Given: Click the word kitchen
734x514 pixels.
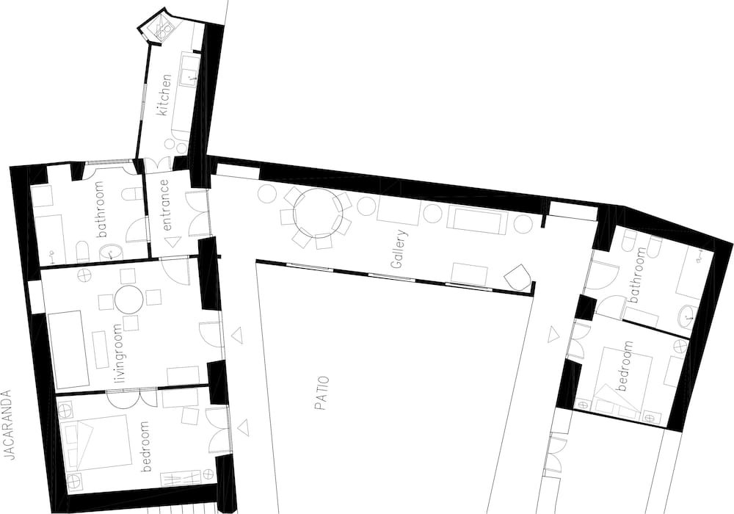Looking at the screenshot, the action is point(164,95).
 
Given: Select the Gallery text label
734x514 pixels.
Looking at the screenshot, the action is point(398,249).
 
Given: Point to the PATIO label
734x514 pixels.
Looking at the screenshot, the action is point(321,394).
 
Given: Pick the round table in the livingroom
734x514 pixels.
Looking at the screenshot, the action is point(128,300).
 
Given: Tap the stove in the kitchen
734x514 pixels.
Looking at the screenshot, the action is point(164,30).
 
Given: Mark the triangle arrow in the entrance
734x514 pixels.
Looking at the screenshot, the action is point(172,242).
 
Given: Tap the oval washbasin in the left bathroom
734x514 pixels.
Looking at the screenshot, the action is point(111,253).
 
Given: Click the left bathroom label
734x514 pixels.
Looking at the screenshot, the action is point(101,209).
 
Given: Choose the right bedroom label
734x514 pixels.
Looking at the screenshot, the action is point(625,366).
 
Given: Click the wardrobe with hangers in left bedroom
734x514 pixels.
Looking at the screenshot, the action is point(181,479).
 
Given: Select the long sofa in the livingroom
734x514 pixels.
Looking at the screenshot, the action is point(69,350).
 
